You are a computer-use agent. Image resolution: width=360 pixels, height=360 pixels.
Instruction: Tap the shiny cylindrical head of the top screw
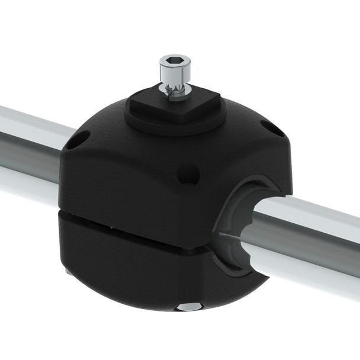175,72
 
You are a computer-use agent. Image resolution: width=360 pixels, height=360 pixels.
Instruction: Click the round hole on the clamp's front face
189,173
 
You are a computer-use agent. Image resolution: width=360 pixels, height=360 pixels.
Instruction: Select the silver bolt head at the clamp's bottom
189,307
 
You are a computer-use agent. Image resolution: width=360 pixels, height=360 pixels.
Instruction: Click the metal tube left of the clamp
30,148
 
